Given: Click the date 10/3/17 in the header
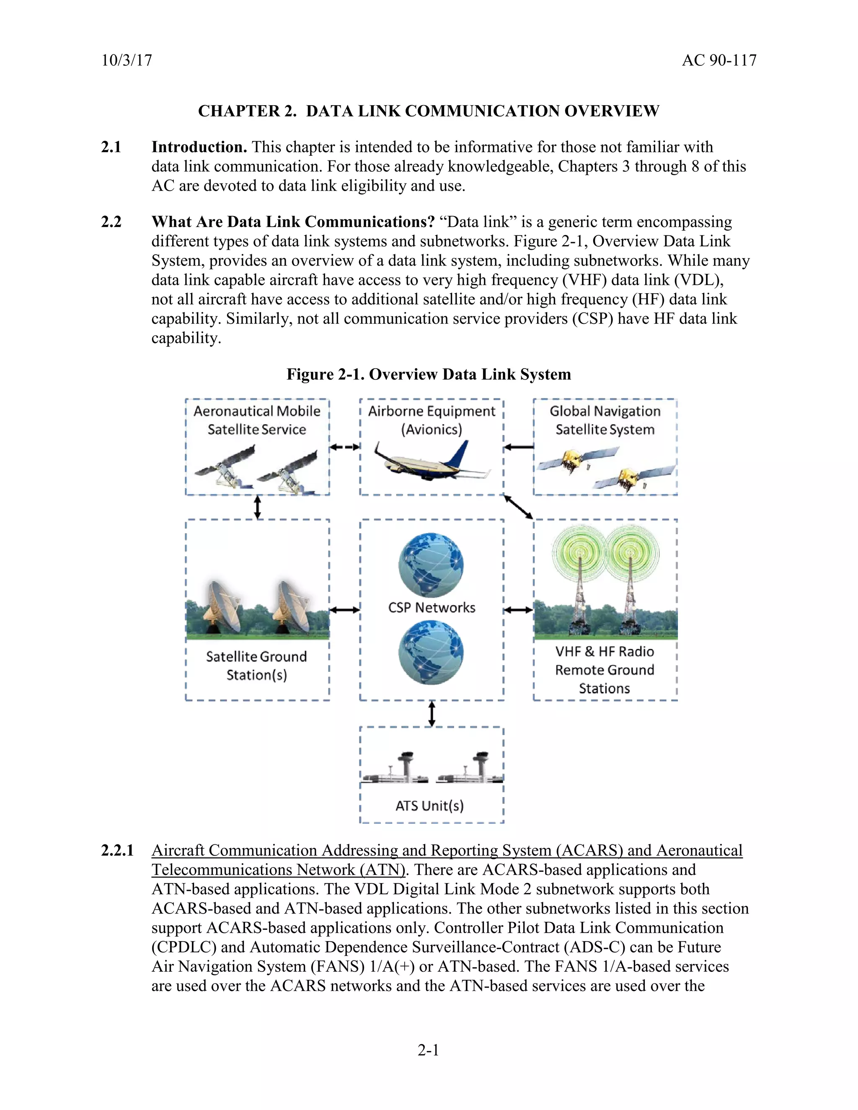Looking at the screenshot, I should pyautogui.click(x=127, y=60).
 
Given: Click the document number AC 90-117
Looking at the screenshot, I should pyautogui.click(x=719, y=60).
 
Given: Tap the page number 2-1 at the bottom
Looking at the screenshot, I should pyautogui.click(x=429, y=1050).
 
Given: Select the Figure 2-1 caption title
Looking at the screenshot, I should pyautogui.click(x=429, y=374).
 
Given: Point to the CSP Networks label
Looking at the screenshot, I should pyautogui.click(x=432, y=608).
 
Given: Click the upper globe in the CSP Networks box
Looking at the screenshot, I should pyautogui.click(x=431, y=564).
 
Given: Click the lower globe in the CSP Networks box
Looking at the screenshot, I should pyautogui.click(x=431, y=653).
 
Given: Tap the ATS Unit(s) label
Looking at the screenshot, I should pyautogui.click(x=430, y=805).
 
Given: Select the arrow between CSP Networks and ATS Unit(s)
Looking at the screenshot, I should pyautogui.click(x=432, y=714).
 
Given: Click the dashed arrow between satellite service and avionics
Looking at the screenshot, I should pyautogui.click(x=345, y=447).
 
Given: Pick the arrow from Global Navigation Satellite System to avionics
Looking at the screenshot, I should pyautogui.click(x=519, y=447).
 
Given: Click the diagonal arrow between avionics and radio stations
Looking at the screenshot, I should pyautogui.click(x=519, y=507).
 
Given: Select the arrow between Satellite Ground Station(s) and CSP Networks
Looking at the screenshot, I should pyautogui.click(x=345, y=609).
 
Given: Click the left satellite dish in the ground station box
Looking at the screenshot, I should pyautogui.click(x=222, y=607).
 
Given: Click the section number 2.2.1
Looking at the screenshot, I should pyautogui.click(x=117, y=851).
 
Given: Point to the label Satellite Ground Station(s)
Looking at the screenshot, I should pyautogui.click(x=257, y=666).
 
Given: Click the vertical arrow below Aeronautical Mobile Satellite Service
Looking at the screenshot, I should pyautogui.click(x=258, y=507).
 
